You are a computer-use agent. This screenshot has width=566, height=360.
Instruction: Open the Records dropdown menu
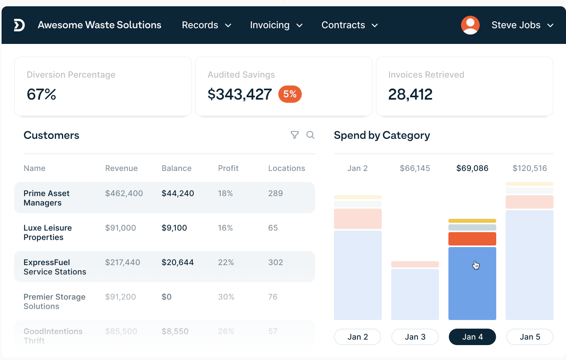pyautogui.click(x=206, y=25)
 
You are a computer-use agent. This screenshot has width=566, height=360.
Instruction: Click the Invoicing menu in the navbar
pyautogui.click(x=276, y=25)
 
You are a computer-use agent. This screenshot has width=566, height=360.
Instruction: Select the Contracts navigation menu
pyautogui.click(x=349, y=25)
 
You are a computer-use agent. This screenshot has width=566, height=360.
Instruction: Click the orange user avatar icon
pyautogui.click(x=470, y=25)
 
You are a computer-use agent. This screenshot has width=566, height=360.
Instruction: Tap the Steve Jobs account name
pyautogui.click(x=516, y=25)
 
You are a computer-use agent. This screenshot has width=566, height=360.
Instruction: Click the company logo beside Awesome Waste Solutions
pyautogui.click(x=19, y=25)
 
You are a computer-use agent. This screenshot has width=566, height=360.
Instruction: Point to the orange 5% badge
pyautogui.click(x=290, y=94)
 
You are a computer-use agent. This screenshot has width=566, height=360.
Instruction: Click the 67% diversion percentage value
pyautogui.click(x=42, y=95)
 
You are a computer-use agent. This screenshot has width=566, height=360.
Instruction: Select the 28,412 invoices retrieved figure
pyautogui.click(x=410, y=95)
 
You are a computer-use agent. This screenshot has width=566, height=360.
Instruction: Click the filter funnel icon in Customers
pyautogui.click(x=295, y=135)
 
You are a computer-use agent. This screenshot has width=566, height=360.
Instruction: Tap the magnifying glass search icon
pyautogui.click(x=310, y=135)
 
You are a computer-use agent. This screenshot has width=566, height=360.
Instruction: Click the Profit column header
pyautogui.click(x=228, y=168)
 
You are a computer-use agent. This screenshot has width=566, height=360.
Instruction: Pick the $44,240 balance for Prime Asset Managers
pyautogui.click(x=178, y=193)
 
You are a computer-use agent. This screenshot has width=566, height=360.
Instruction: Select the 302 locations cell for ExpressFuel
pyautogui.click(x=276, y=262)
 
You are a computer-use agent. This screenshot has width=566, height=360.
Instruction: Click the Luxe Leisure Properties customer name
pyautogui.click(x=47, y=233)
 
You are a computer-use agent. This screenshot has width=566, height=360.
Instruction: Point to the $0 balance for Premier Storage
pyautogui.click(x=167, y=297)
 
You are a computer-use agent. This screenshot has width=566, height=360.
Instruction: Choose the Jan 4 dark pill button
pyautogui.click(x=472, y=337)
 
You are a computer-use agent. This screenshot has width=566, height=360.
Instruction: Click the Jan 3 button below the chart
pyautogui.click(x=415, y=337)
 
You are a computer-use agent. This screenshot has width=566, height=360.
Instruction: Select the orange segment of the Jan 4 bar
pyautogui.click(x=472, y=238)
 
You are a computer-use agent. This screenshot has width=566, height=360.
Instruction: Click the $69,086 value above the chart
pyautogui.click(x=472, y=168)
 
